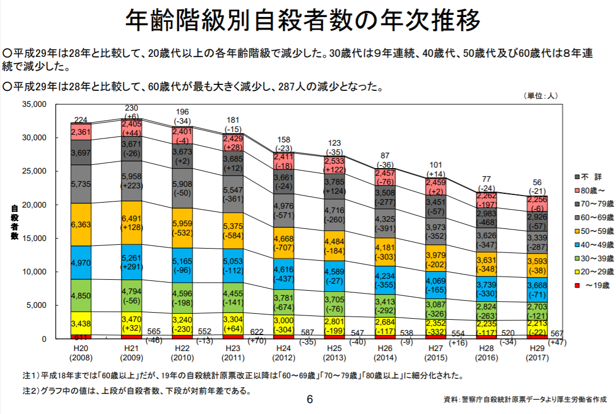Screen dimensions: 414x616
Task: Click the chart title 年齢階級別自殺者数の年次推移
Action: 303,21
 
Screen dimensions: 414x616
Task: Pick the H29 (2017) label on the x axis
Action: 536,353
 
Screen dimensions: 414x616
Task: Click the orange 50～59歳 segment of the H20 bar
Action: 81,225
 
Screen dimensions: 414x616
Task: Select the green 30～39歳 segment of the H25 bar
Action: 334,303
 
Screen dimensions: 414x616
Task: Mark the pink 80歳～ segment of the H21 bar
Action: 131,128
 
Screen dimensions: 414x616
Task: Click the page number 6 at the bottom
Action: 310,400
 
